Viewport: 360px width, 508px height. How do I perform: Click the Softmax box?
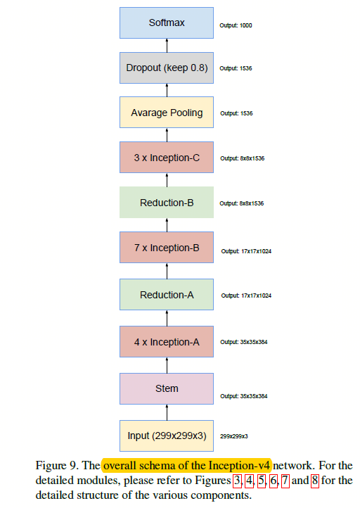click(x=167, y=23)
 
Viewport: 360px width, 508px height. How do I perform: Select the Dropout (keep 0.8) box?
click(x=167, y=68)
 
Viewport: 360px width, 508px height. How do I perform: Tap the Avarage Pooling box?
click(x=167, y=113)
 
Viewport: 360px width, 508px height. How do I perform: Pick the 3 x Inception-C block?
click(x=167, y=158)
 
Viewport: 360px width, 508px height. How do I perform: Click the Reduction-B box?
click(x=167, y=203)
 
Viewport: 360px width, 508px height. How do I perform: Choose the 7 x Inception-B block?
click(x=167, y=248)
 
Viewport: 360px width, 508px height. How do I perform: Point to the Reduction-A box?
click(x=167, y=294)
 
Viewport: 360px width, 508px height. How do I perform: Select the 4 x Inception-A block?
click(x=167, y=342)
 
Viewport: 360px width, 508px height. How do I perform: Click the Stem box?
click(x=167, y=388)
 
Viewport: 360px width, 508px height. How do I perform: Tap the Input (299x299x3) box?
click(x=167, y=436)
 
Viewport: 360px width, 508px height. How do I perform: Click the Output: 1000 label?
click(x=236, y=25)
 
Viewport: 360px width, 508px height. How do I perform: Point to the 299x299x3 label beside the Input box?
click(x=234, y=436)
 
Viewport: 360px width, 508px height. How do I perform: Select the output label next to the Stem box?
click(x=243, y=396)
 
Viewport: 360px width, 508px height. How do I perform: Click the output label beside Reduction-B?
click(x=242, y=203)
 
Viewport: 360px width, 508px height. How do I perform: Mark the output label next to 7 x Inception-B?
click(x=246, y=250)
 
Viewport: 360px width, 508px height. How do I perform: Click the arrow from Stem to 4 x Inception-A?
click(x=167, y=365)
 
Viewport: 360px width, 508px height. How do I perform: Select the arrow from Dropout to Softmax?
click(x=167, y=45)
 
